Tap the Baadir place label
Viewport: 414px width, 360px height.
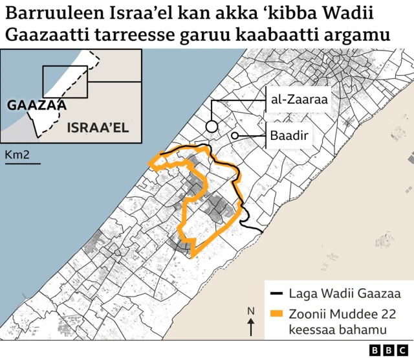coord(289,136)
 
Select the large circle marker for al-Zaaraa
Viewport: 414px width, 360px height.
coord(212,126)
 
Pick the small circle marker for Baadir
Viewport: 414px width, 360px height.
coord(235,135)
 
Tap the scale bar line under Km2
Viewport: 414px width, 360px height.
coord(23,163)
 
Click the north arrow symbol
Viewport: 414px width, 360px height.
coord(251,326)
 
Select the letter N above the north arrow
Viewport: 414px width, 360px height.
coord(251,311)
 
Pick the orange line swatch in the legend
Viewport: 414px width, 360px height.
coord(277,314)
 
